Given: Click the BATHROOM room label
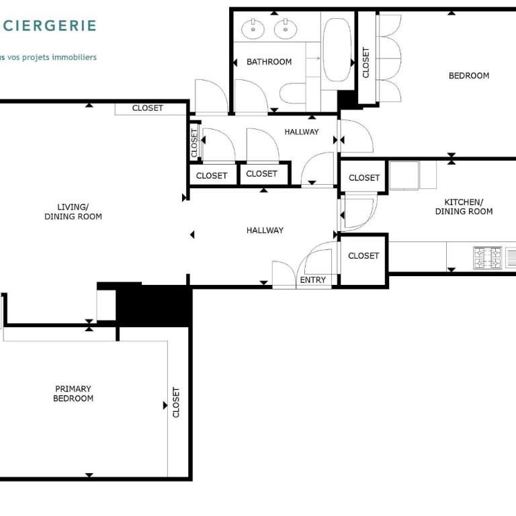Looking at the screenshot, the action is coord(269,62).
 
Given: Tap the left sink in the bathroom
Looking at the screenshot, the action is coord(253,29).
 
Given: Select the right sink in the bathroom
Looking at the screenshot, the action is coord(286,29).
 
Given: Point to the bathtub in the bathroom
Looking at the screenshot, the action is coord(337,50).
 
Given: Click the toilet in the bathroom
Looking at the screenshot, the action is coord(293,93).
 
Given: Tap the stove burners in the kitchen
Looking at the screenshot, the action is coord(488,257).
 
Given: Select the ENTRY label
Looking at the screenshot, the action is coord(313,280).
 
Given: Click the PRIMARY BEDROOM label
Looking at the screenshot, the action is coord(73,394).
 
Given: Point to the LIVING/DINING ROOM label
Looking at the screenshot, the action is coord(73,212).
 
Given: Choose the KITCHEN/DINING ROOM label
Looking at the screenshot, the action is coord(464,207).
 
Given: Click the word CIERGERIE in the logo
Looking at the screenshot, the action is coord(48,26).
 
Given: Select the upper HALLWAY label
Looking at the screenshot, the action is coord(302,132).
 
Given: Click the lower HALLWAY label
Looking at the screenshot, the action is coord(265,230).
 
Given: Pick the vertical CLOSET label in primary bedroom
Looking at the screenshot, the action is coord(176,402).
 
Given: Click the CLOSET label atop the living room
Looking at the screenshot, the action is coord(147,108).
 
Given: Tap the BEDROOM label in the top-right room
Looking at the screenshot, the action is coord(469,76).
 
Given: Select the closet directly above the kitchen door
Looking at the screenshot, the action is coord(363,177).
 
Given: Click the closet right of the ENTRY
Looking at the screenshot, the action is coord(363,260).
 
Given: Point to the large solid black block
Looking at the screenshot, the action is coord(154,306).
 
